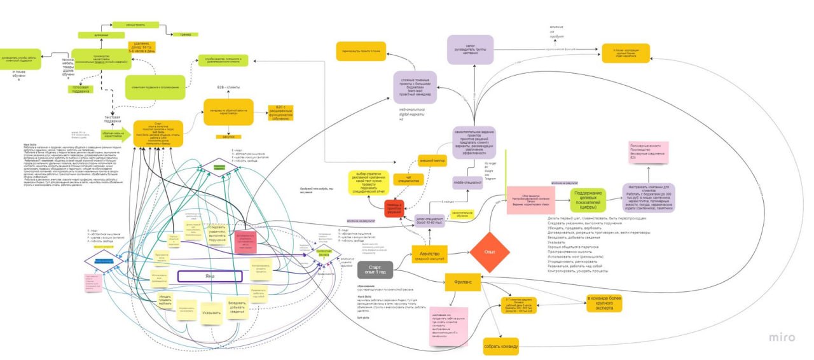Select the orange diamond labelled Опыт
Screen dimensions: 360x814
(490, 252)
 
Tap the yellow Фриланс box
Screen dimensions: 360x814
(462, 279)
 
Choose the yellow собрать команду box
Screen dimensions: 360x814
(501, 346)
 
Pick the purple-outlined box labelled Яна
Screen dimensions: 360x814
(210, 276)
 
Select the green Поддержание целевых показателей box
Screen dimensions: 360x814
(588, 200)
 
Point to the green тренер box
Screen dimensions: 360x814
(186, 34)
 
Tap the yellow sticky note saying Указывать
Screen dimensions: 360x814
(211, 313)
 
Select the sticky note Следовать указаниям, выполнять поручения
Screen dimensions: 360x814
(217, 233)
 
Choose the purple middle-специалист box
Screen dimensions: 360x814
(467, 183)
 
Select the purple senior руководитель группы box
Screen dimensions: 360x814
(471, 50)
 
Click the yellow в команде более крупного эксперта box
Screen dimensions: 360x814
(604, 303)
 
